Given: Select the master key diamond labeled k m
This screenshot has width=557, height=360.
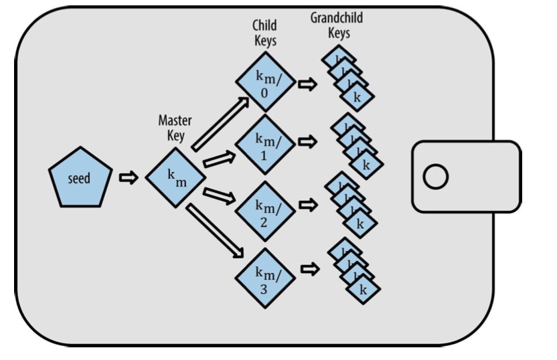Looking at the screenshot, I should coord(175,177).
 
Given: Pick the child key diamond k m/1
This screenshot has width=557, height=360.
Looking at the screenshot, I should coord(264,147).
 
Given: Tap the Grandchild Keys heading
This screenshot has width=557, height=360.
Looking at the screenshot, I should coord(336,25).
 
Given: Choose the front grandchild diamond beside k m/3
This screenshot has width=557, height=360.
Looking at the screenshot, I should coord(364,289).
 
